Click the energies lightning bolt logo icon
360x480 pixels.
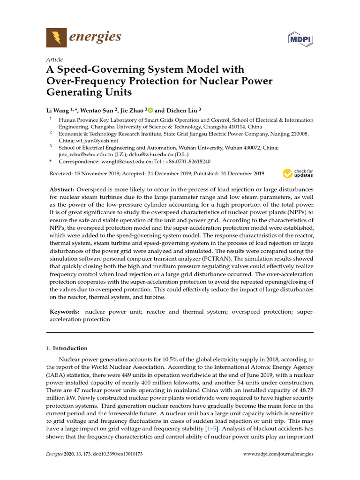[56, 37]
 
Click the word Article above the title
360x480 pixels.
[55, 60]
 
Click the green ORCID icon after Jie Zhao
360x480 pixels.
[150, 110]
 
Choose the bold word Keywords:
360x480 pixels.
[65, 312]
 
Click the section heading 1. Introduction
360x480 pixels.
[67, 348]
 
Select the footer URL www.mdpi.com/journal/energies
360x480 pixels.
[279, 454]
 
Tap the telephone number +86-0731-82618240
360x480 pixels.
[187, 161]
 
